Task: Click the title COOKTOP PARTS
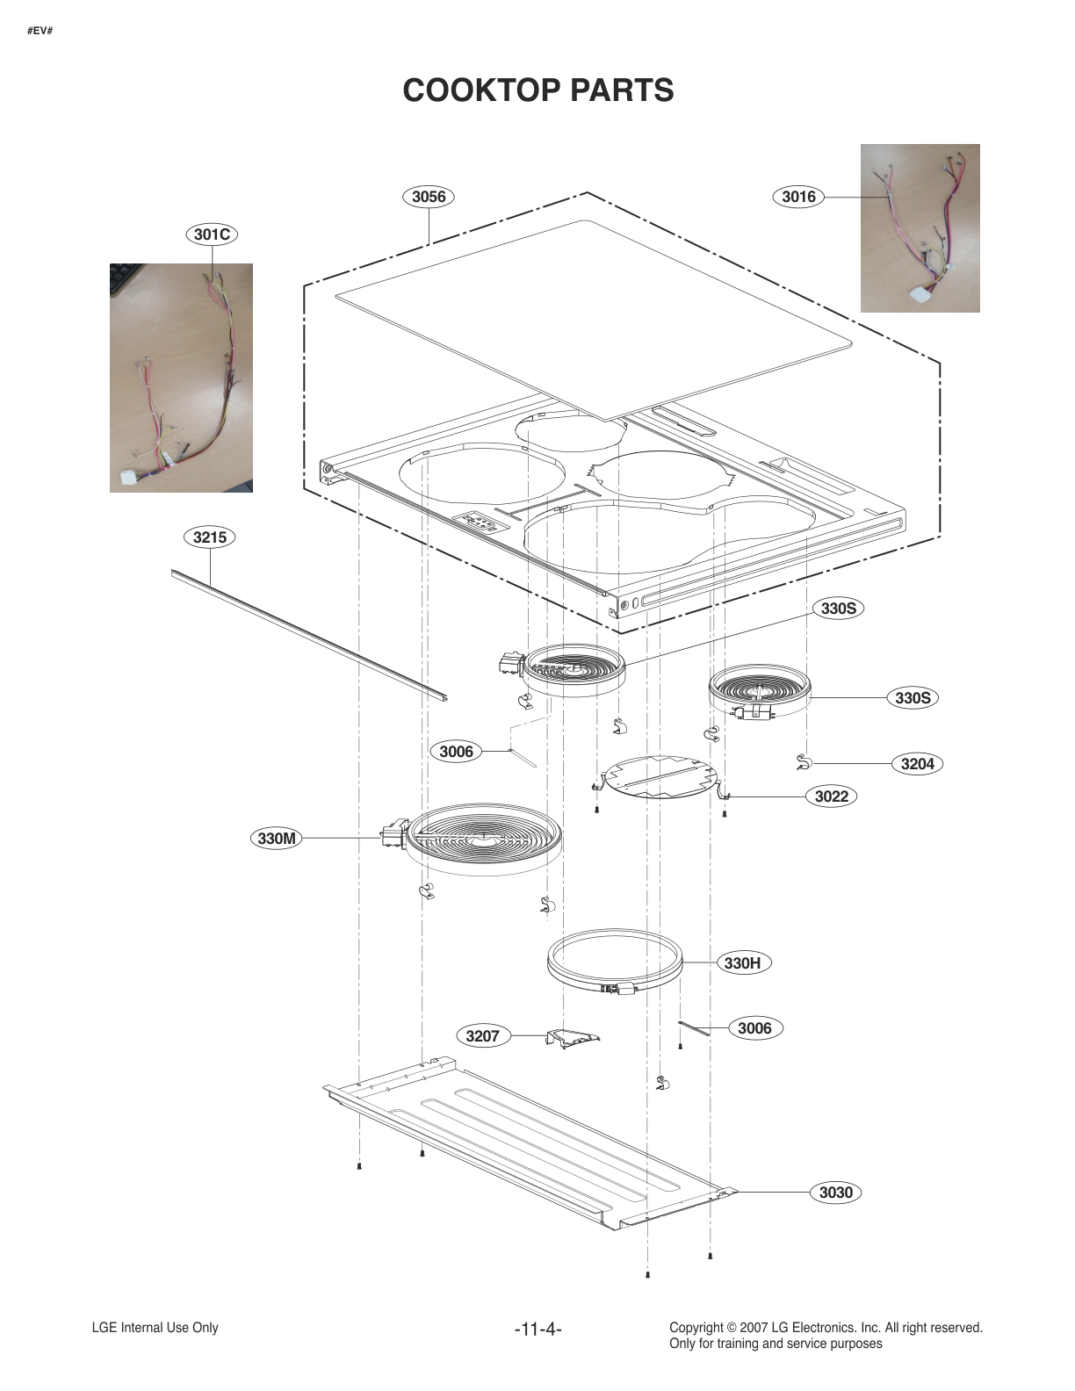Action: [x=537, y=90]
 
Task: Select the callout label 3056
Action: [x=429, y=197]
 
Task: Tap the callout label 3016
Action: [x=798, y=197]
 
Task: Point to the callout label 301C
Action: [x=212, y=234]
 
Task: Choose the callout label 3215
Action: [x=210, y=537]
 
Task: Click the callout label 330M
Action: [x=277, y=839]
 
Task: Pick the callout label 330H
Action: [x=742, y=963]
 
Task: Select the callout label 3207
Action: [x=482, y=1036]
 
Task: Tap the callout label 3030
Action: [x=835, y=1193]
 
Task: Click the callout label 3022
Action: [x=831, y=796]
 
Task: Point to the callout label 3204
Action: [x=917, y=764]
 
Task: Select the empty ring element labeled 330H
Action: [x=614, y=962]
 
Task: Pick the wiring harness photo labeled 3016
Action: [x=920, y=228]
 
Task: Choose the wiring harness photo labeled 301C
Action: [x=181, y=378]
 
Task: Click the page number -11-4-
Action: [x=537, y=1330]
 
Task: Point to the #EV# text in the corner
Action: [x=40, y=31]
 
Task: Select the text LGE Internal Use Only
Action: [x=155, y=1328]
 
